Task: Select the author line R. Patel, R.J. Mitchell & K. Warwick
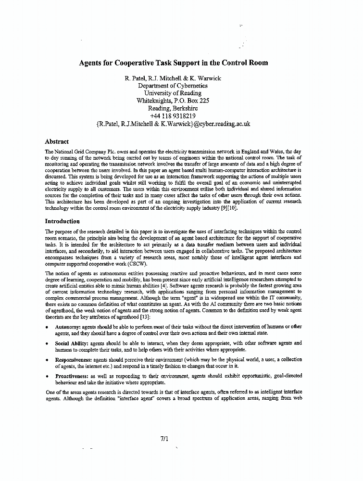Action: point(173,78)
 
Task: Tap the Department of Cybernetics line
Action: point(173,86)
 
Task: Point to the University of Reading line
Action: point(173,93)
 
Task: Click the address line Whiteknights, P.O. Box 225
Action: point(173,101)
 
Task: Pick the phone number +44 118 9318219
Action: point(173,116)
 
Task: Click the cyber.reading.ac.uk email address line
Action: point(173,124)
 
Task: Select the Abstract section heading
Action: point(57,142)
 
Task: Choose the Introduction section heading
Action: point(63,221)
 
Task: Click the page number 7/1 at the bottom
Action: point(164,438)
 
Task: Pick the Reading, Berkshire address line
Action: point(173,109)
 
